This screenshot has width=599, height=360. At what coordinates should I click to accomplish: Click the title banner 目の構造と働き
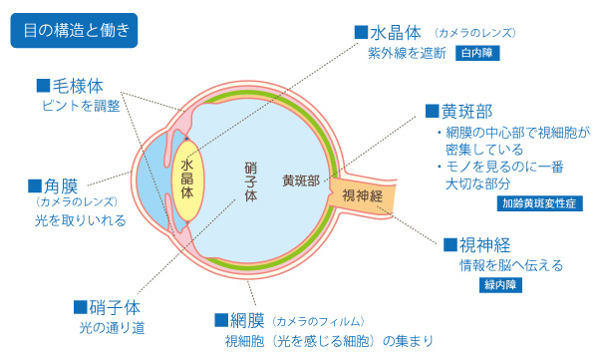tap(75, 29)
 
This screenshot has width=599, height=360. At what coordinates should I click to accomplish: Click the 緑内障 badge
tap(502, 283)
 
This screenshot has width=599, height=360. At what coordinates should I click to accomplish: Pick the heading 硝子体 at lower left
tap(110, 305)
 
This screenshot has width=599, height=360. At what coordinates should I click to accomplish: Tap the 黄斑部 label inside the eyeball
tap(301, 180)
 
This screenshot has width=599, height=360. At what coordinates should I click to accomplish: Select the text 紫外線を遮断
tap(406, 53)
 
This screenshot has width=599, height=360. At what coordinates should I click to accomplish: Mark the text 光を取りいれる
tap(79, 220)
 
